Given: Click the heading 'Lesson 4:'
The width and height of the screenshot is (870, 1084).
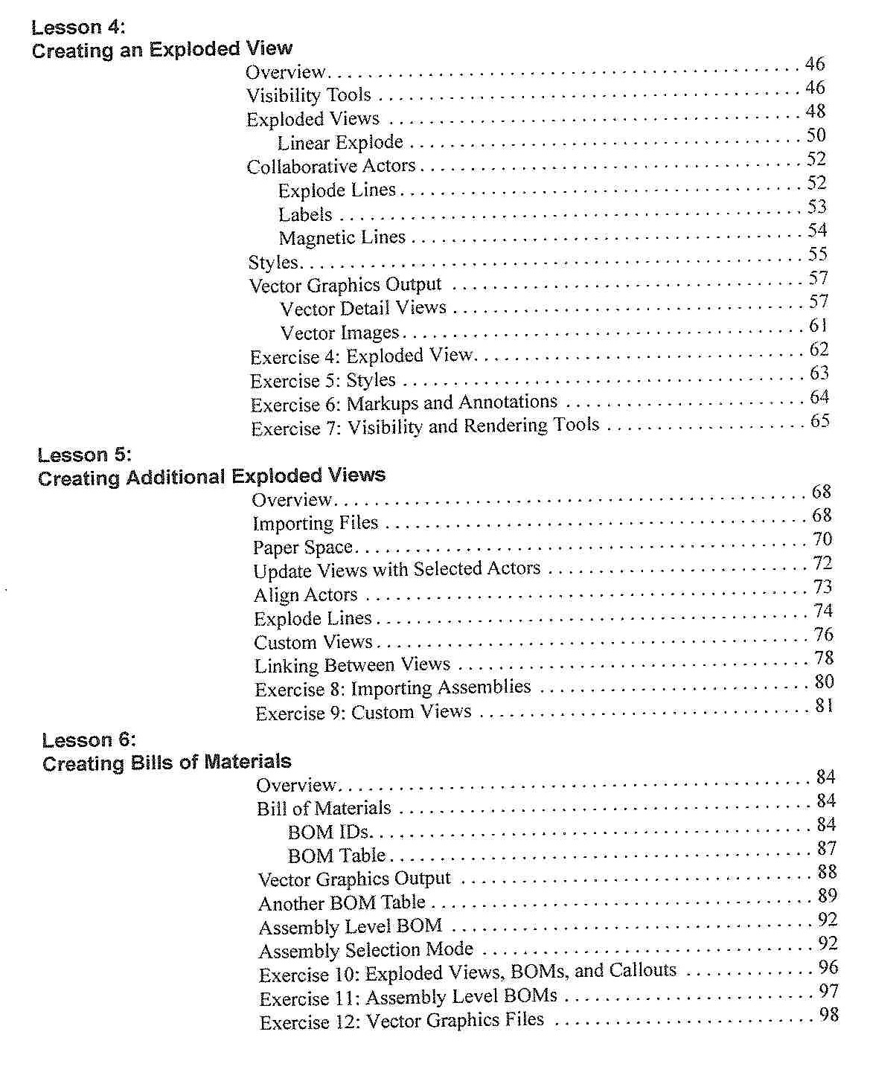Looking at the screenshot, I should pyautogui.click(x=78, y=28).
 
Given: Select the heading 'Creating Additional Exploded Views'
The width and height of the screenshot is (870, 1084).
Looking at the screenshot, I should pyautogui.click(x=211, y=476).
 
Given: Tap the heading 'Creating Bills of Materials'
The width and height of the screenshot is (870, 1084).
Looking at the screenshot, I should pyautogui.click(x=167, y=763).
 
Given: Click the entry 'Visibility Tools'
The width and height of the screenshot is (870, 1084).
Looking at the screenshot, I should pyautogui.click(x=308, y=95).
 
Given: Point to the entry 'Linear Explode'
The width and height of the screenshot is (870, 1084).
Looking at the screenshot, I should pyautogui.click(x=340, y=142).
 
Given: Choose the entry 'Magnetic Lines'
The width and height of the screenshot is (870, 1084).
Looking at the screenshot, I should pyautogui.click(x=342, y=237).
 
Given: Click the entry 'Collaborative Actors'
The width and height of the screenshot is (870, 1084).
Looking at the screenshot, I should pyautogui.click(x=331, y=166).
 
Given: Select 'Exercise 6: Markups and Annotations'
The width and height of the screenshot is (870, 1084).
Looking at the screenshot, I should pyautogui.click(x=403, y=403).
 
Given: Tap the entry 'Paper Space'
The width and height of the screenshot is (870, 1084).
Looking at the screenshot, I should pyautogui.click(x=302, y=547).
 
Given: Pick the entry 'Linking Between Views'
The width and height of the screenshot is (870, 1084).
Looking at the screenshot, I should pyautogui.click(x=352, y=664).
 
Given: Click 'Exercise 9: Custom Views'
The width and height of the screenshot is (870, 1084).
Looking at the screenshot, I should pyautogui.click(x=363, y=712).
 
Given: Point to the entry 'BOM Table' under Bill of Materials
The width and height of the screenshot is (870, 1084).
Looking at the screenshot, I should pyautogui.click(x=336, y=855).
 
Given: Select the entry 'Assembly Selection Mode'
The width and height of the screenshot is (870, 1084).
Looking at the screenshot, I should pyautogui.click(x=365, y=949).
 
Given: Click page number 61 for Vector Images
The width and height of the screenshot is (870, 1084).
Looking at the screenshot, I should pyautogui.click(x=818, y=325).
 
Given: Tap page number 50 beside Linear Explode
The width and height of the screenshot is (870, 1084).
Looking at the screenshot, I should pyautogui.click(x=816, y=135).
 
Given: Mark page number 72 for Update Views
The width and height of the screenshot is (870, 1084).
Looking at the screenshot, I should pyautogui.click(x=822, y=562).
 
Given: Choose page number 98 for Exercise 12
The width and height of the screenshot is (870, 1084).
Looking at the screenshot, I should pyautogui.click(x=828, y=1014).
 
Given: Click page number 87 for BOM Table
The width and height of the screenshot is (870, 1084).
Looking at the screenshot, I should pyautogui.click(x=826, y=848).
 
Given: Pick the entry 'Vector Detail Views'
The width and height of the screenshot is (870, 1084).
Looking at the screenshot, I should pyautogui.click(x=363, y=308).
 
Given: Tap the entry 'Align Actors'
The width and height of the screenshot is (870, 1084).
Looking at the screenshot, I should pyautogui.click(x=305, y=594).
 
